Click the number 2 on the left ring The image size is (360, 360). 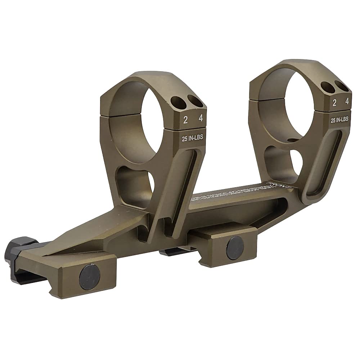186,120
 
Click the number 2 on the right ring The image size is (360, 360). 335,103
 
